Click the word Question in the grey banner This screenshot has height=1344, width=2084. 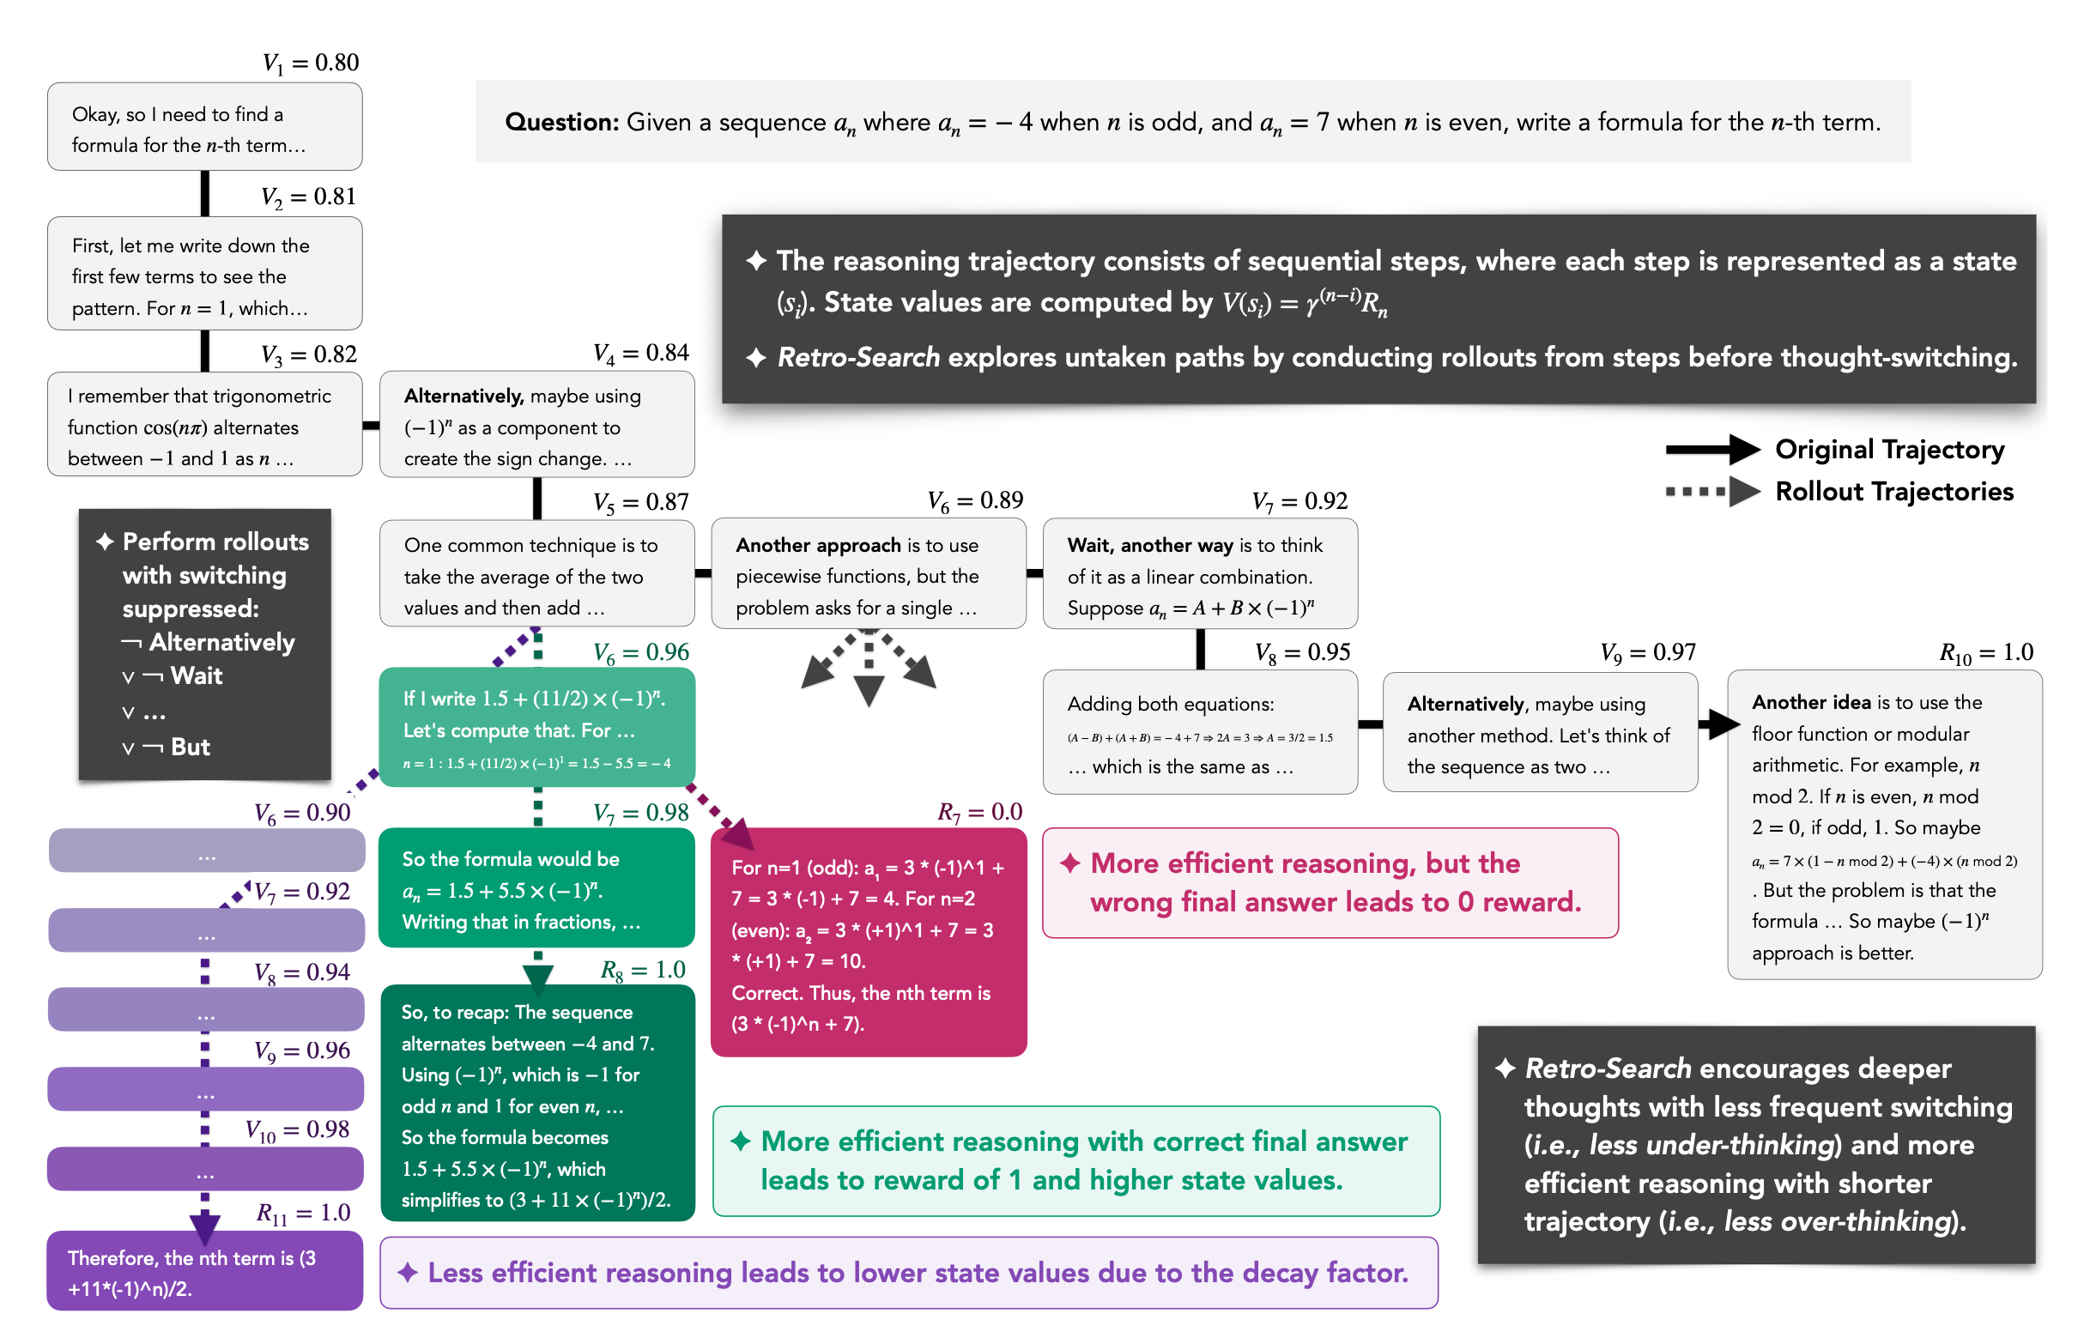click(x=561, y=122)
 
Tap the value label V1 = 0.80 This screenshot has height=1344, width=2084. click(x=311, y=63)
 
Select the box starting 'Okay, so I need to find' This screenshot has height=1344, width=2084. click(x=204, y=127)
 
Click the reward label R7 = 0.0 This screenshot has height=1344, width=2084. click(x=979, y=813)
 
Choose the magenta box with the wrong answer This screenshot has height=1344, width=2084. click(x=869, y=942)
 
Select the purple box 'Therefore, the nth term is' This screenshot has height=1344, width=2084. click(x=204, y=1272)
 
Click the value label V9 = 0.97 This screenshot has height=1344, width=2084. click(x=1648, y=653)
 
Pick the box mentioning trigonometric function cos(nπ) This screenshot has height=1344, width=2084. click(x=204, y=426)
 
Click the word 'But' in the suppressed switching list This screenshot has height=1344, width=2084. click(x=191, y=748)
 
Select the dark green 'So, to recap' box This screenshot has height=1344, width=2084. click(x=537, y=1104)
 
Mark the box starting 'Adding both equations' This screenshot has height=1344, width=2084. click(x=1199, y=733)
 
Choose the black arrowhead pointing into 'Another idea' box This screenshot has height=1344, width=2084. click(x=1722, y=723)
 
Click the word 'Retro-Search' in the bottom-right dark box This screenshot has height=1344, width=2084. click(x=1608, y=1069)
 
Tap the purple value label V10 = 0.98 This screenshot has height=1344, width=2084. click(x=297, y=1131)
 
